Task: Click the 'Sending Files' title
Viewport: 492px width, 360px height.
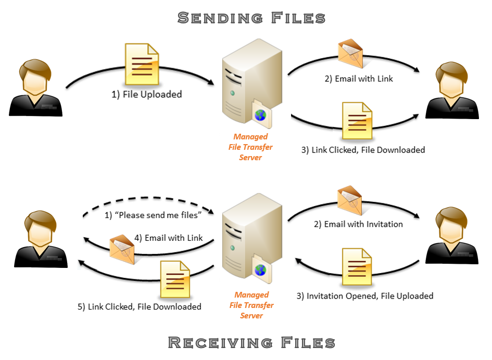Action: pos(251,18)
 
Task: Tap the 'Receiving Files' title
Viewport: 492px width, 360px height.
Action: pos(251,342)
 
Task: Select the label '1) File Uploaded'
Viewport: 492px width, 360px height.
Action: pos(147,94)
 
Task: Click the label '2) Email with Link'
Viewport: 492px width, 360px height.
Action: pos(358,79)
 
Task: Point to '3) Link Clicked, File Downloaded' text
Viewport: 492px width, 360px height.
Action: pos(363,150)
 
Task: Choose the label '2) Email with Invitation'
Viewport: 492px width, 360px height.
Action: pos(358,224)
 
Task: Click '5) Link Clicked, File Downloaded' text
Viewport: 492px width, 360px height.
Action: pos(140,306)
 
